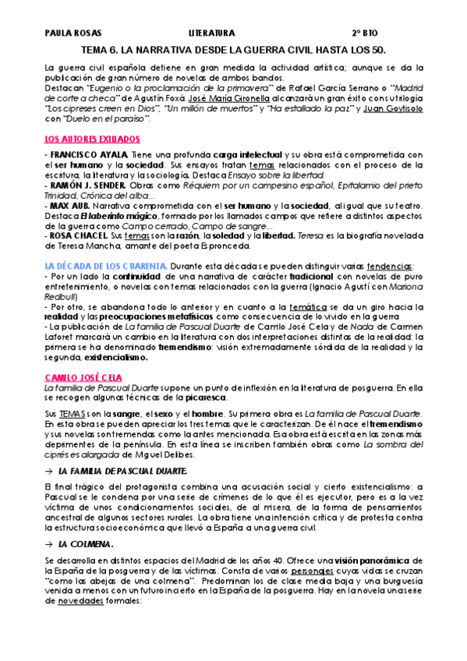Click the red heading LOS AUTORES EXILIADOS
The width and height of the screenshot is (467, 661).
coord(91,139)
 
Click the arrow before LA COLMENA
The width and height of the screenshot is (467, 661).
coord(50,544)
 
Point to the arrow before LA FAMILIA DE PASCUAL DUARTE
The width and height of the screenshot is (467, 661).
coord(50,472)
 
